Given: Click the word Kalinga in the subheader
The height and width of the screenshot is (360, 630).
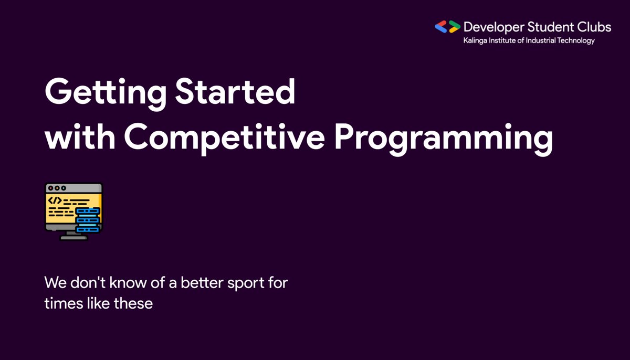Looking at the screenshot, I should click(x=472, y=41).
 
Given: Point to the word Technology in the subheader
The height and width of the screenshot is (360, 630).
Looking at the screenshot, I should click(x=575, y=41).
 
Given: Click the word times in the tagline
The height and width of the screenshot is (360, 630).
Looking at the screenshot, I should click(x=60, y=303).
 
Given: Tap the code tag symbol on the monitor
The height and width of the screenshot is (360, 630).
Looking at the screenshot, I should click(x=55, y=200).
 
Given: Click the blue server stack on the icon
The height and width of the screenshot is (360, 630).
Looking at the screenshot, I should click(x=88, y=220).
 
